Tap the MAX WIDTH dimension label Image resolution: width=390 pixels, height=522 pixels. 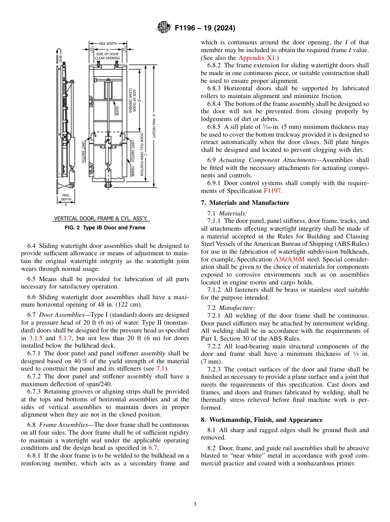pyautogui.click(x=108, y=43)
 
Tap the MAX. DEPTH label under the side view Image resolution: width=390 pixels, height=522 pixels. pyautogui.click(x=66, y=197)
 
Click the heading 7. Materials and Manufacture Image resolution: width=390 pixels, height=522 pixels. pyautogui.click(x=245, y=203)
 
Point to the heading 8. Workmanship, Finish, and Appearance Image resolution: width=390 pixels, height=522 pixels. pyautogui.click(x=262, y=420)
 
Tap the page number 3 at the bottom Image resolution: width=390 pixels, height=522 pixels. pyautogui.click(x=195, y=504)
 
